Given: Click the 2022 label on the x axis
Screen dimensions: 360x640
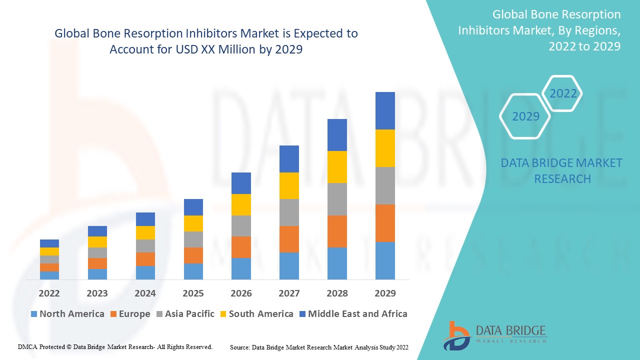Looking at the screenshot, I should [x=49, y=293].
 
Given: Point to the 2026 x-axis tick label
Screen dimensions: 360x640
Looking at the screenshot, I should [x=241, y=293].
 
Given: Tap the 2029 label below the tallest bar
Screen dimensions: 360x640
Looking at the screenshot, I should [x=385, y=293].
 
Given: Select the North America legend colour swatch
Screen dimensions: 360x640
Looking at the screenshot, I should [x=34, y=314].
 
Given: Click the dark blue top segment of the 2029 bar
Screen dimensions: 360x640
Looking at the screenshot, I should [x=385, y=110].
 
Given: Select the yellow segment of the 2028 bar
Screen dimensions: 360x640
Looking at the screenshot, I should [x=337, y=166].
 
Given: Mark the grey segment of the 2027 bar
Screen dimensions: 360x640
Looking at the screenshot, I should [x=289, y=212].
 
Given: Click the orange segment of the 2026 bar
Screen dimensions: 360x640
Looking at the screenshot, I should [x=241, y=247].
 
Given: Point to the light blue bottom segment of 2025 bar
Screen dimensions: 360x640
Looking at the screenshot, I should [x=193, y=271].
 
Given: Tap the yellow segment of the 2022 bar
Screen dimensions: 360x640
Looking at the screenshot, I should [x=49, y=251].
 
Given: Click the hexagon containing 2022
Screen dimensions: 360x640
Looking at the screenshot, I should [x=563, y=93].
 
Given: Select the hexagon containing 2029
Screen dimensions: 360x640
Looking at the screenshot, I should [x=525, y=116].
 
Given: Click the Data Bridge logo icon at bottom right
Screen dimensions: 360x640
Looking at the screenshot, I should [x=456, y=335].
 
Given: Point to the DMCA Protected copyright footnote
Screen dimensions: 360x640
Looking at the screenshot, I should [x=115, y=346].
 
